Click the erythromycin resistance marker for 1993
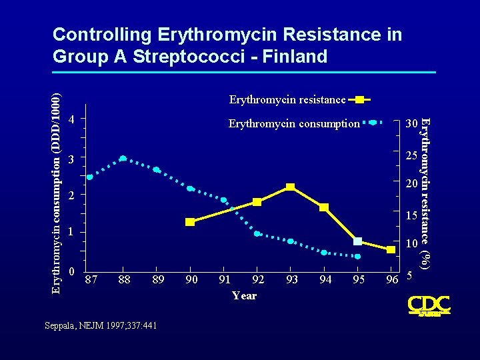290,187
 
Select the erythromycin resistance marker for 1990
190,222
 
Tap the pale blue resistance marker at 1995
358,241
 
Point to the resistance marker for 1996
391,249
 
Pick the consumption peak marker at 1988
123,159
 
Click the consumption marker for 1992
257,234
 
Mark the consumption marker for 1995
357,256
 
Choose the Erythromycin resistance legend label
287,100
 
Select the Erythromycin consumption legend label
294,123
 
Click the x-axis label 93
291,279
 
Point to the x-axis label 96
391,279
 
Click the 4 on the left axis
71,120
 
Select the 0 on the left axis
71,272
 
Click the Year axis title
245,295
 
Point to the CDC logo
428,305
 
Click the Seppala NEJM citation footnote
101,325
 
